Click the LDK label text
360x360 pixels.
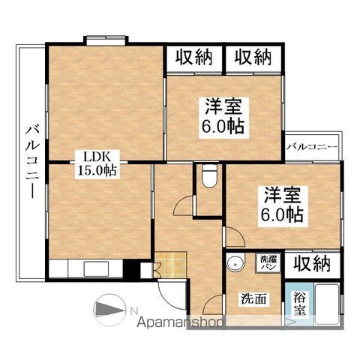[x=97, y=157]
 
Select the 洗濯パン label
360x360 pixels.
[x=268, y=262]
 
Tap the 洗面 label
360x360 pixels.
[x=253, y=298]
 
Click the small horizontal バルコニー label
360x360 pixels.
[x=311, y=147]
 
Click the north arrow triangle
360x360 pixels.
[x=109, y=310]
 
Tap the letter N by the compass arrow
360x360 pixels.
[x=132, y=310]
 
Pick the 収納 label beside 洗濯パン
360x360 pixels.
[x=311, y=263]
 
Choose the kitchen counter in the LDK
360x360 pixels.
[x=86, y=268]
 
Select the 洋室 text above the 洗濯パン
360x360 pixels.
[x=282, y=196]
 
